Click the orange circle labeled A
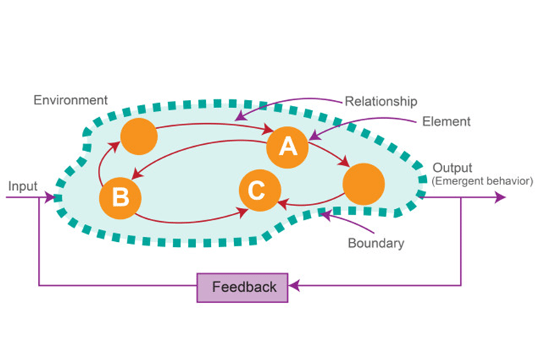point(287,147)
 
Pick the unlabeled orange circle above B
point(138,136)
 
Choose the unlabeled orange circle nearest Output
point(363,184)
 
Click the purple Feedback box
point(243,287)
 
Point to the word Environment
point(71,100)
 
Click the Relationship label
point(381,101)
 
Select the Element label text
point(446,122)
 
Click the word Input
point(23,186)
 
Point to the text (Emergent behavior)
point(482,181)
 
